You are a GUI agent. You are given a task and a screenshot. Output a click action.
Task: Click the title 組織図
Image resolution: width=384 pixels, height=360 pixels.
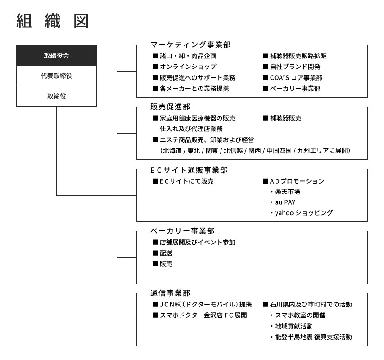52,21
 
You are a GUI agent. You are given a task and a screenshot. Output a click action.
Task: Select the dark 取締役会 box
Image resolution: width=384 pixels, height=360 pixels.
56,55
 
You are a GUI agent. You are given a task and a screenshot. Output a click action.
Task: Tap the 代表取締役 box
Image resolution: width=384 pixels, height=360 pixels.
56,76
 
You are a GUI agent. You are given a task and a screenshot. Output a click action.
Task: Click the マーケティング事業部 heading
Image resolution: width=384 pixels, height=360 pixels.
190,45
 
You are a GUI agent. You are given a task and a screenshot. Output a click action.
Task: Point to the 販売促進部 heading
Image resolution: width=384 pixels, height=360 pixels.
170,107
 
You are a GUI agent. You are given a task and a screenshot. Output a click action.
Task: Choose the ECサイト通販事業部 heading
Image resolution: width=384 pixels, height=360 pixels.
189,170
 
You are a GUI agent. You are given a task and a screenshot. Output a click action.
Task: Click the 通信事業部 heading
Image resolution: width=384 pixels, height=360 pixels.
170,293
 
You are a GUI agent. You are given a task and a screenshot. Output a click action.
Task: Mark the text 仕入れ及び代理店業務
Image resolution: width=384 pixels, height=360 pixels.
191,129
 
